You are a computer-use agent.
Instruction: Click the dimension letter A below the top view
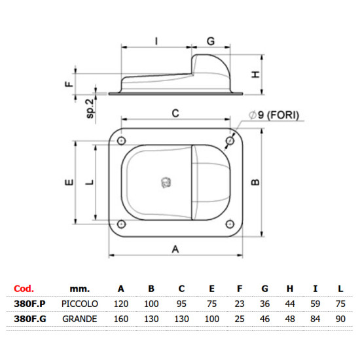point(175,248)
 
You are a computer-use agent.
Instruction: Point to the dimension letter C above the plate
point(175,113)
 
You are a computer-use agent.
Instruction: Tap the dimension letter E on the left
point(67,184)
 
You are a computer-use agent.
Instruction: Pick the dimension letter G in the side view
point(210,41)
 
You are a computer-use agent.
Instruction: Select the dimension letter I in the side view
point(156,41)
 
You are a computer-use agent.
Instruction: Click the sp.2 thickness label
point(91,105)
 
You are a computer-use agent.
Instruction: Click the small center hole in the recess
point(164,183)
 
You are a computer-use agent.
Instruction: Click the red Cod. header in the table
point(24,288)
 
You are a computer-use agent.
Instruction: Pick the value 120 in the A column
point(121,304)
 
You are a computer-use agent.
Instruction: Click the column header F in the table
point(240,288)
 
